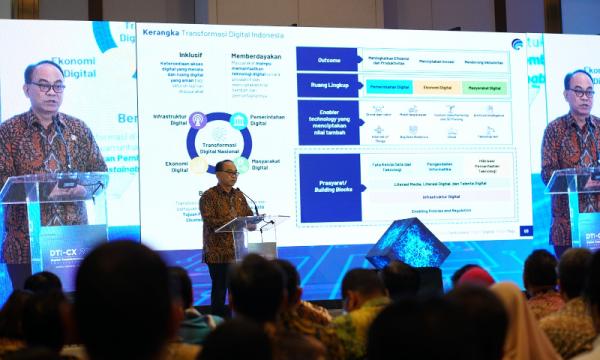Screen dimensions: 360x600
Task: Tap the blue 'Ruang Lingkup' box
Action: (x=327, y=86)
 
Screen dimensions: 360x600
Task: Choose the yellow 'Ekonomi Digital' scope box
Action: (x=437, y=87)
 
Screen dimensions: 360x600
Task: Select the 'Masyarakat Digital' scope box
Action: (x=485, y=87)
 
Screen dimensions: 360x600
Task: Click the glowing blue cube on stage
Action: (x=407, y=243)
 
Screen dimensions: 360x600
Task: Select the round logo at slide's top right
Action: (x=516, y=45)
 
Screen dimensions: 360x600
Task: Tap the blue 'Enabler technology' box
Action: (x=327, y=120)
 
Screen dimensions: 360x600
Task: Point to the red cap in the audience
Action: (x=475, y=275)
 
